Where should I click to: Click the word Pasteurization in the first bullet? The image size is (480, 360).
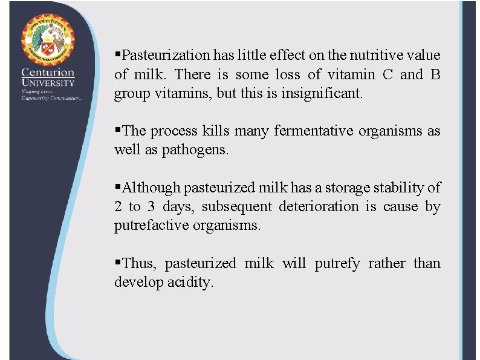[166, 56]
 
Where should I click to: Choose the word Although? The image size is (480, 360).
[151, 188]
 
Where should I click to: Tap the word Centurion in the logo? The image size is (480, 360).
[48, 72]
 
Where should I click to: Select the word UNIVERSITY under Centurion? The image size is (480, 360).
[48, 82]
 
